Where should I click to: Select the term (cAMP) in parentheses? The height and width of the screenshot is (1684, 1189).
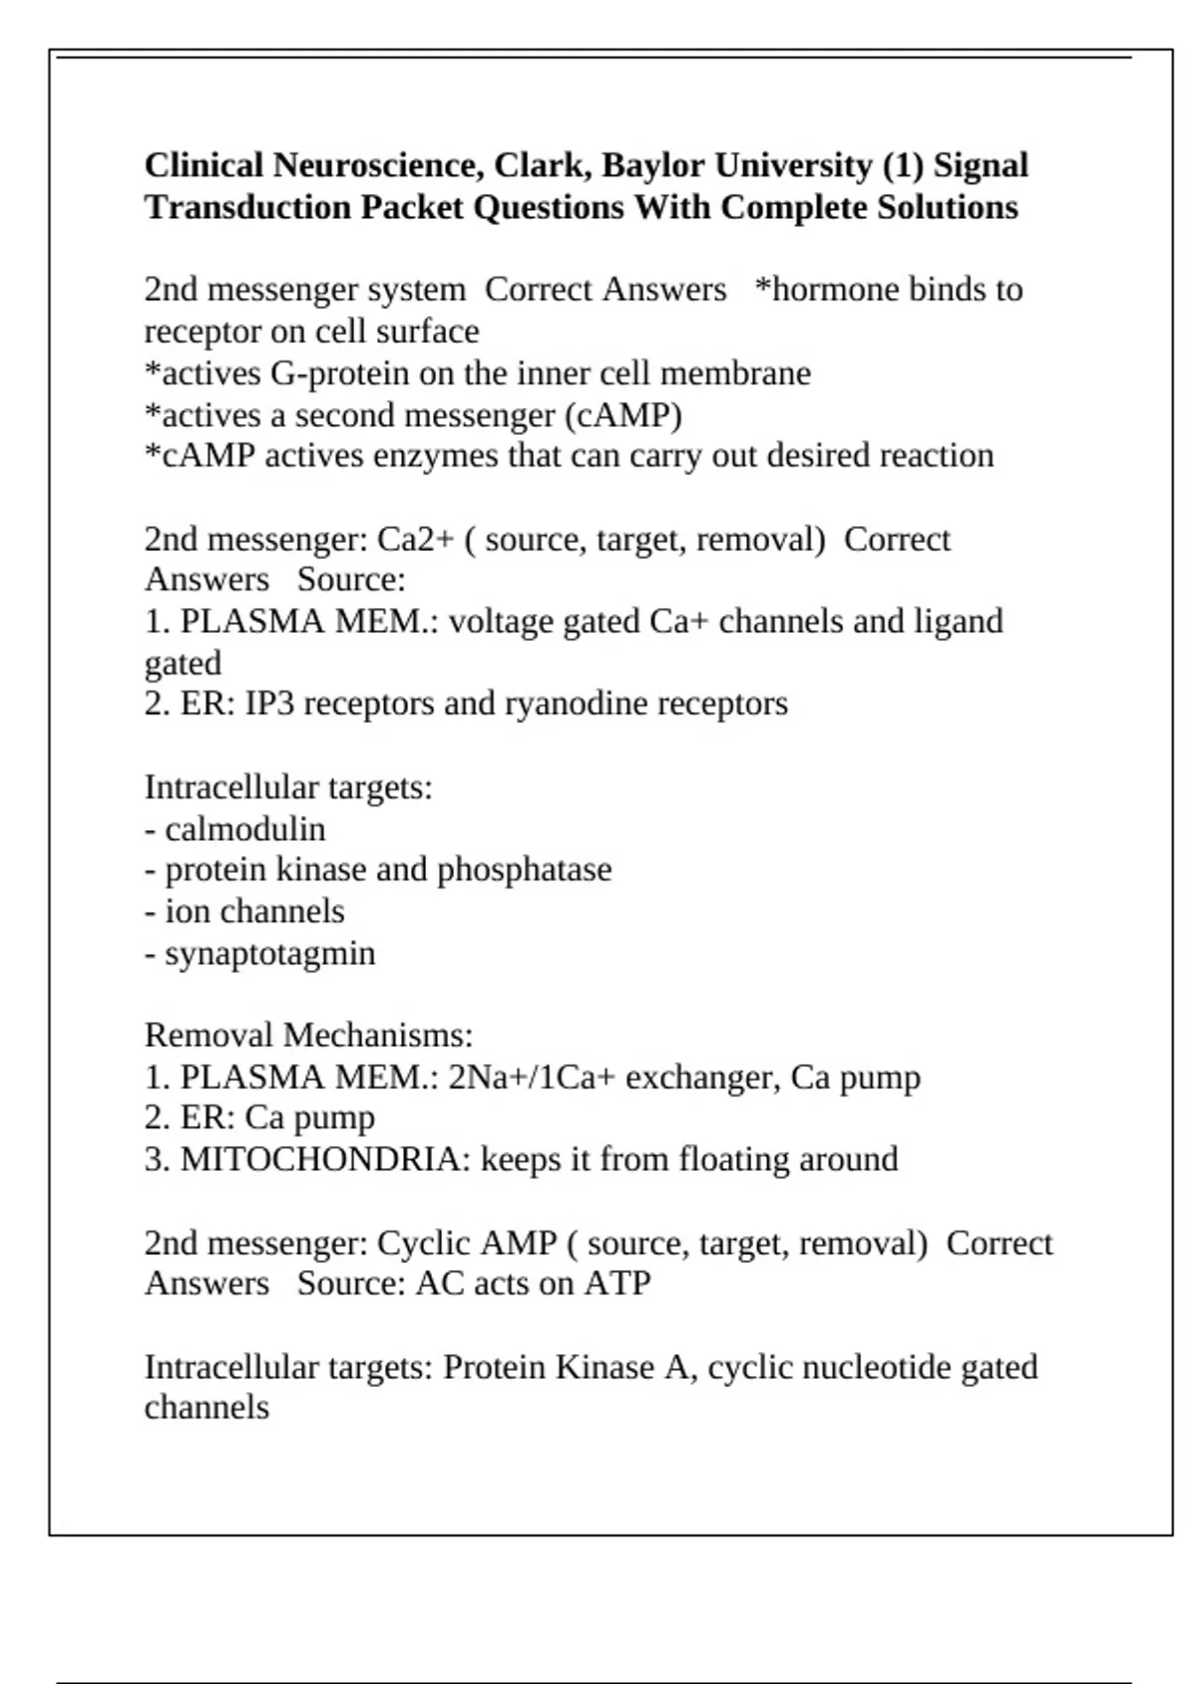(623, 415)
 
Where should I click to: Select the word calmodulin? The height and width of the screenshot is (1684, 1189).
(245, 829)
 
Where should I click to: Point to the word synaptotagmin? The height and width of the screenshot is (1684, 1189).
(270, 953)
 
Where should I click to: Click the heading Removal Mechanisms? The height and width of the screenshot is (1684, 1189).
(308, 1035)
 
